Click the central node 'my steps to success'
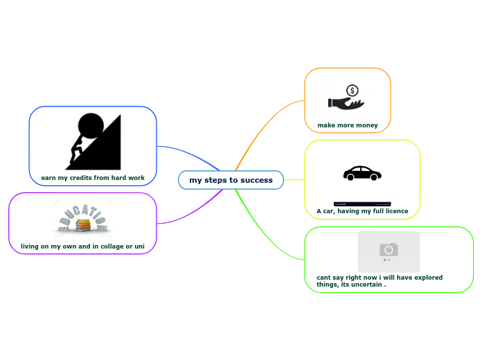(x=231, y=180)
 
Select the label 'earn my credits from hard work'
(x=93, y=178)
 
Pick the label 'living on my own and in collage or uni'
(x=82, y=246)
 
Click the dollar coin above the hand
(x=352, y=91)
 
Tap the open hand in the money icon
(x=345, y=104)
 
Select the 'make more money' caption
(x=348, y=125)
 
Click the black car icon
(x=362, y=173)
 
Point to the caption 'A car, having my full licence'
(x=362, y=210)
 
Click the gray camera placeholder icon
(x=389, y=250)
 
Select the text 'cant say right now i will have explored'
(x=375, y=277)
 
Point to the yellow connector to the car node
(x=294, y=179)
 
